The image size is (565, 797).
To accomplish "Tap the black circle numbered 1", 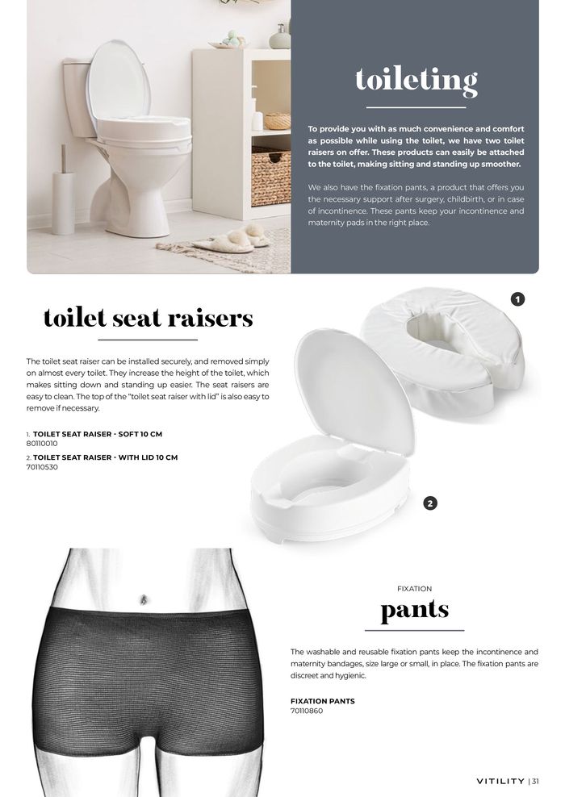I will tap(518, 300).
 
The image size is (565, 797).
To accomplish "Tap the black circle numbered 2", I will tap(430, 503).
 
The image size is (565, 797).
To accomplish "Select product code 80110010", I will tap(43, 444).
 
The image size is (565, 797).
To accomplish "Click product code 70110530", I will tap(43, 467).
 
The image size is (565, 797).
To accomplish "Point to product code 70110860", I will tap(307, 711).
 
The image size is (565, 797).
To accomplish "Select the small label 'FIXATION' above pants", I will tap(414, 589).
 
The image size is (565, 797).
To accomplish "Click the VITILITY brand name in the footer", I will tap(500, 781).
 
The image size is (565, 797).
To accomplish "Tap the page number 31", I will tap(535, 781).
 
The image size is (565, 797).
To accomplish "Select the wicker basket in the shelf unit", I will tap(270, 176).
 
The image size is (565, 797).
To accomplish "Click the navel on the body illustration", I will tap(144, 599).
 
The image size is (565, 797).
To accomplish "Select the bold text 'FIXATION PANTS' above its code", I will tap(322, 701).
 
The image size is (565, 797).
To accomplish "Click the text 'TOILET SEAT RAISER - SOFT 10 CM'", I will tap(97, 434).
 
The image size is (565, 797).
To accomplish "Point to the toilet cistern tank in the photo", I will tap(79, 97).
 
